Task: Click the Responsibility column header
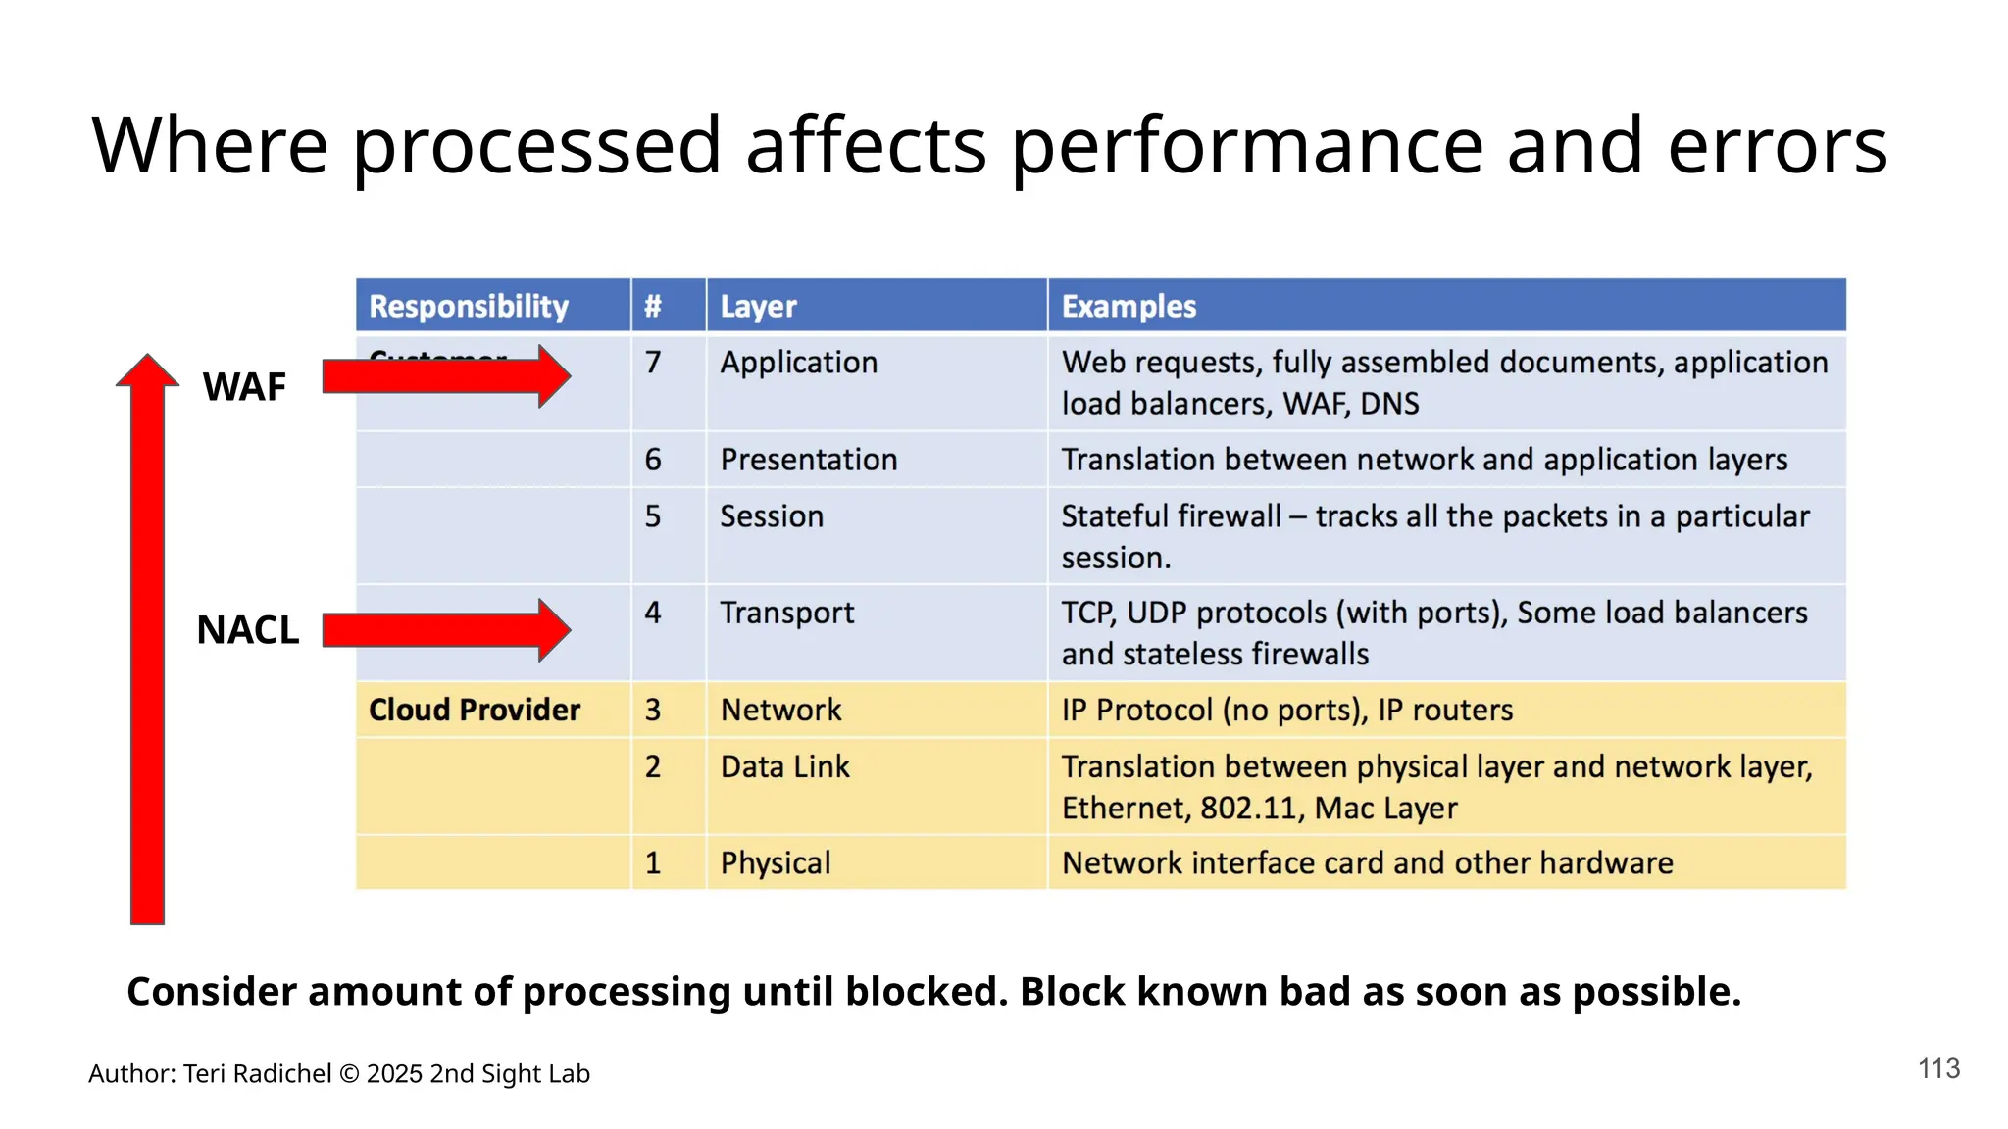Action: (x=468, y=306)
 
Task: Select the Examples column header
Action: (x=1129, y=306)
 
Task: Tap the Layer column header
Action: (x=758, y=306)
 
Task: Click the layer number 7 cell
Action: (x=653, y=363)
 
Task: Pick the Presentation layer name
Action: (x=808, y=460)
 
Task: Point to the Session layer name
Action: (x=772, y=516)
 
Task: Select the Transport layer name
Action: (x=786, y=614)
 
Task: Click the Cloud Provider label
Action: (x=475, y=710)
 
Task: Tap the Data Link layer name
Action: (x=784, y=766)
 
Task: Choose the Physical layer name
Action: (x=775, y=863)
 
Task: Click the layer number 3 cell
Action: (x=653, y=710)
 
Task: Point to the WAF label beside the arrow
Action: (x=244, y=387)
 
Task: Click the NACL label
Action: (x=247, y=630)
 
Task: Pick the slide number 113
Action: (x=1938, y=1068)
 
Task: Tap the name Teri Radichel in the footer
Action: (x=257, y=1074)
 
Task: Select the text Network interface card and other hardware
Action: (x=1367, y=863)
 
